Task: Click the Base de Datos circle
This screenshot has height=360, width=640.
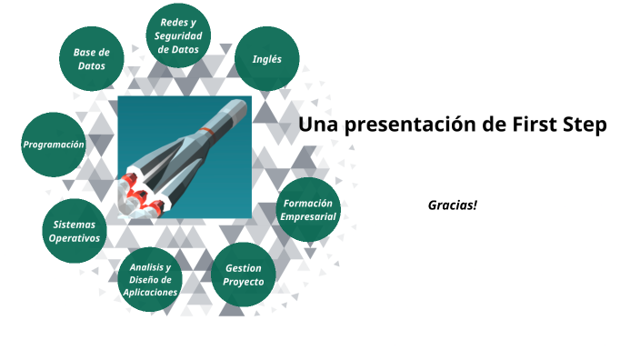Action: pyautogui.click(x=91, y=59)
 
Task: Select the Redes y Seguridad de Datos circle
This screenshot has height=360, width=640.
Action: pyautogui.click(x=179, y=35)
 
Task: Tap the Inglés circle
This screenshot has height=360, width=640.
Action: pyautogui.click(x=266, y=59)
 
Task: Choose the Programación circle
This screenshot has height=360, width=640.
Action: pyautogui.click(x=54, y=145)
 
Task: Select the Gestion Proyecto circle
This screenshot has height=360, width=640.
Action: pyautogui.click(x=244, y=275)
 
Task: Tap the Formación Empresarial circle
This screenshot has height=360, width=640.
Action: pyautogui.click(x=309, y=210)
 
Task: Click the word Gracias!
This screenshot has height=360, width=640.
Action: pyautogui.click(x=453, y=205)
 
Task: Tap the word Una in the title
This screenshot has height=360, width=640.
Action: pyautogui.click(x=317, y=125)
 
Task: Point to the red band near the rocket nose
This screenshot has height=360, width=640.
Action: pyautogui.click(x=209, y=132)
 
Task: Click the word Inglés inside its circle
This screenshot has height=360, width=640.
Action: pyautogui.click(x=266, y=59)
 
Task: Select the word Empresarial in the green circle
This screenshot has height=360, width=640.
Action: pyautogui.click(x=309, y=217)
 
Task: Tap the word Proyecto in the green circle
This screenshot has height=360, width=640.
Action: pyautogui.click(x=244, y=282)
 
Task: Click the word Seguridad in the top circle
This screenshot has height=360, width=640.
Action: pyautogui.click(x=179, y=35)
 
